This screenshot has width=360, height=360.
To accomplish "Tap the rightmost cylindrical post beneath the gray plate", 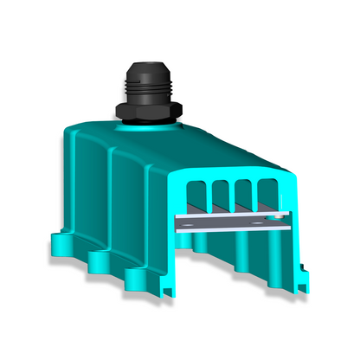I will tap(274, 251).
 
